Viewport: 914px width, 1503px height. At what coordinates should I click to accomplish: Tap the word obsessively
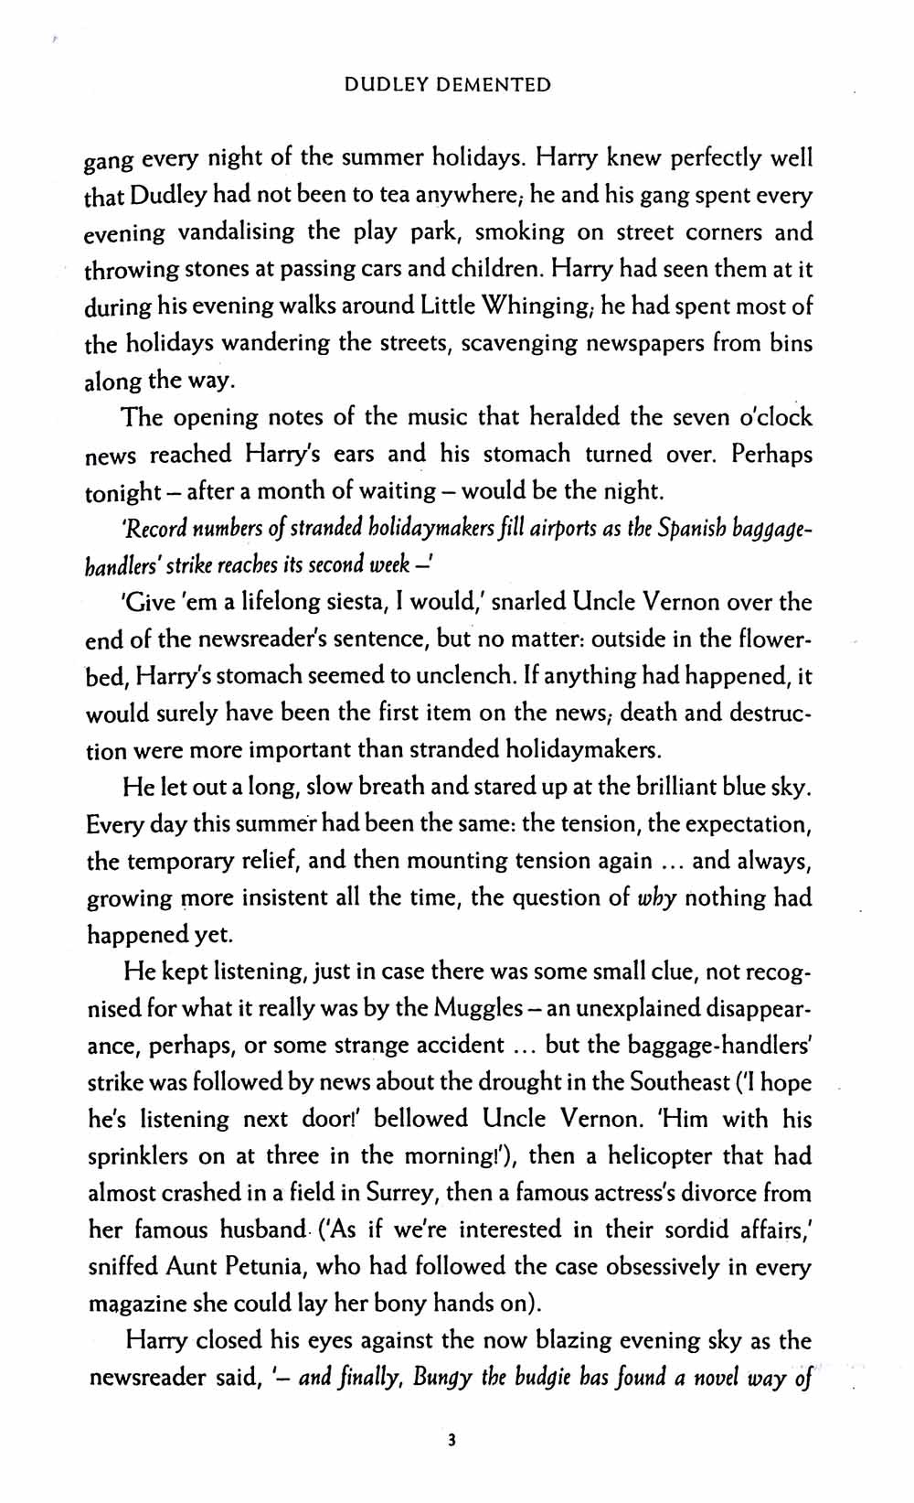pos(684,1267)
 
